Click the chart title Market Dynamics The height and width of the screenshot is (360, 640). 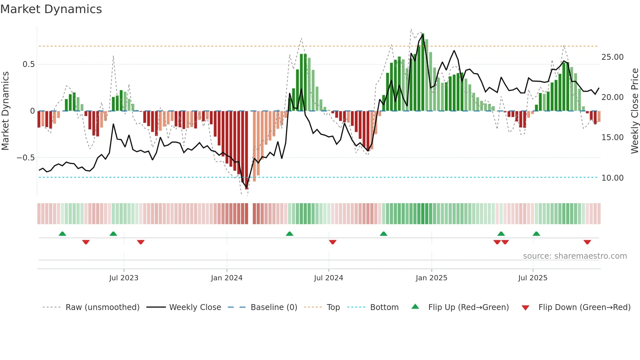pyautogui.click(x=51, y=9)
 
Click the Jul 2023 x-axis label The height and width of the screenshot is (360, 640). pyautogui.click(x=124, y=278)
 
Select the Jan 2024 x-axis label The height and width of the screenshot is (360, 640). pyautogui.click(x=227, y=278)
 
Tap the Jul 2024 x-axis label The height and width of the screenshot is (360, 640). pyautogui.click(x=328, y=278)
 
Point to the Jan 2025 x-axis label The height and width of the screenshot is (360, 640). pyautogui.click(x=431, y=278)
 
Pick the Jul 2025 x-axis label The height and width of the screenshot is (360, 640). pyautogui.click(x=533, y=278)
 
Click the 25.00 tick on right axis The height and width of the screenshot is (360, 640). pyautogui.click(x=612, y=57)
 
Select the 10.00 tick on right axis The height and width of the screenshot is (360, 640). pyautogui.click(x=612, y=178)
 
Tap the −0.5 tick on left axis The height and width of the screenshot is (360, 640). pyautogui.click(x=26, y=158)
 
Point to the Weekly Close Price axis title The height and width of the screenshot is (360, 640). pyautogui.click(x=634, y=111)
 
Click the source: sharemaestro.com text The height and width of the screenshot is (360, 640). pyautogui.click(x=575, y=256)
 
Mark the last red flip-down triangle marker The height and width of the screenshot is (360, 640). pyautogui.click(x=587, y=242)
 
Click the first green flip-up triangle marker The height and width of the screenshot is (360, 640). pyautogui.click(x=62, y=234)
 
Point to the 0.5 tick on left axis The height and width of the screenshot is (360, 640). pyautogui.click(x=29, y=64)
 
